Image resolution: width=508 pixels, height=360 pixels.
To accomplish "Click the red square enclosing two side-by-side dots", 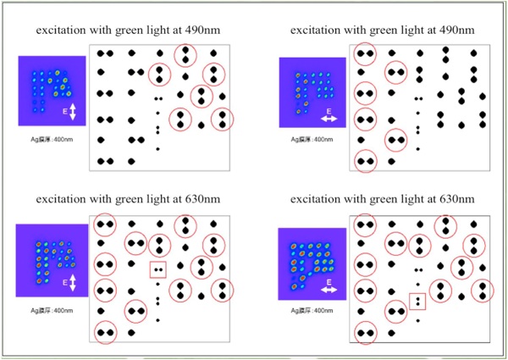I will click(x=157, y=270).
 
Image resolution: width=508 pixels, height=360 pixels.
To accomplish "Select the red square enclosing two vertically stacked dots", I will click(x=417, y=301).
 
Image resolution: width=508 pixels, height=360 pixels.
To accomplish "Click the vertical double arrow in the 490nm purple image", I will click(x=74, y=111).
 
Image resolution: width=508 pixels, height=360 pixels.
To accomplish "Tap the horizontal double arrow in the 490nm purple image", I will click(x=329, y=119).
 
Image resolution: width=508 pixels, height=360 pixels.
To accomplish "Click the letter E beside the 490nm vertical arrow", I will click(x=64, y=111).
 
